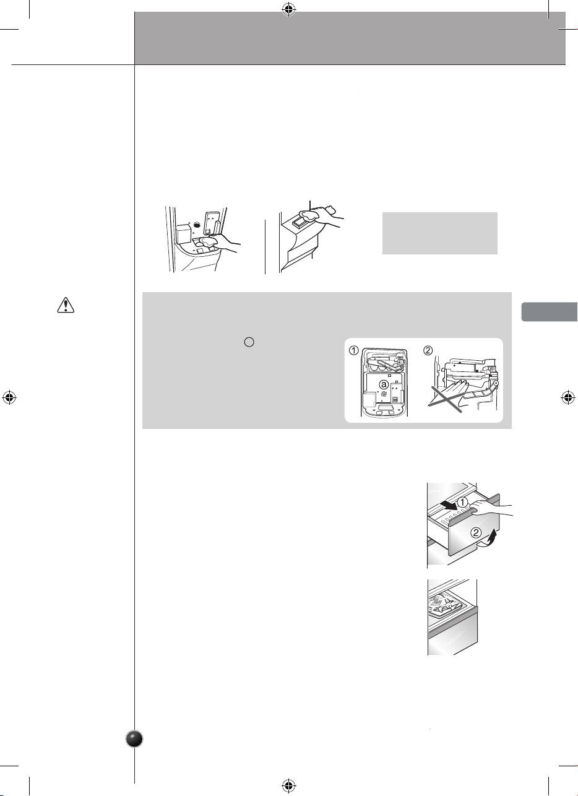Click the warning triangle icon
(66, 305)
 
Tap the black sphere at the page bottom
(135, 739)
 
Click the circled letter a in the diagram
(384, 384)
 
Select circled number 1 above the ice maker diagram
(353, 350)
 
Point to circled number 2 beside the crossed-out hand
(428, 350)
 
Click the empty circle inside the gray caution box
(249, 342)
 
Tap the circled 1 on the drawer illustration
(462, 502)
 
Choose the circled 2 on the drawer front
(476, 532)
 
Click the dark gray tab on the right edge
(550, 311)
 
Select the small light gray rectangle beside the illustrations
(440, 233)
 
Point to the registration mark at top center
(289, 10)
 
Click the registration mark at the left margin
(9, 397)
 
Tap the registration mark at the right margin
(568, 397)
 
